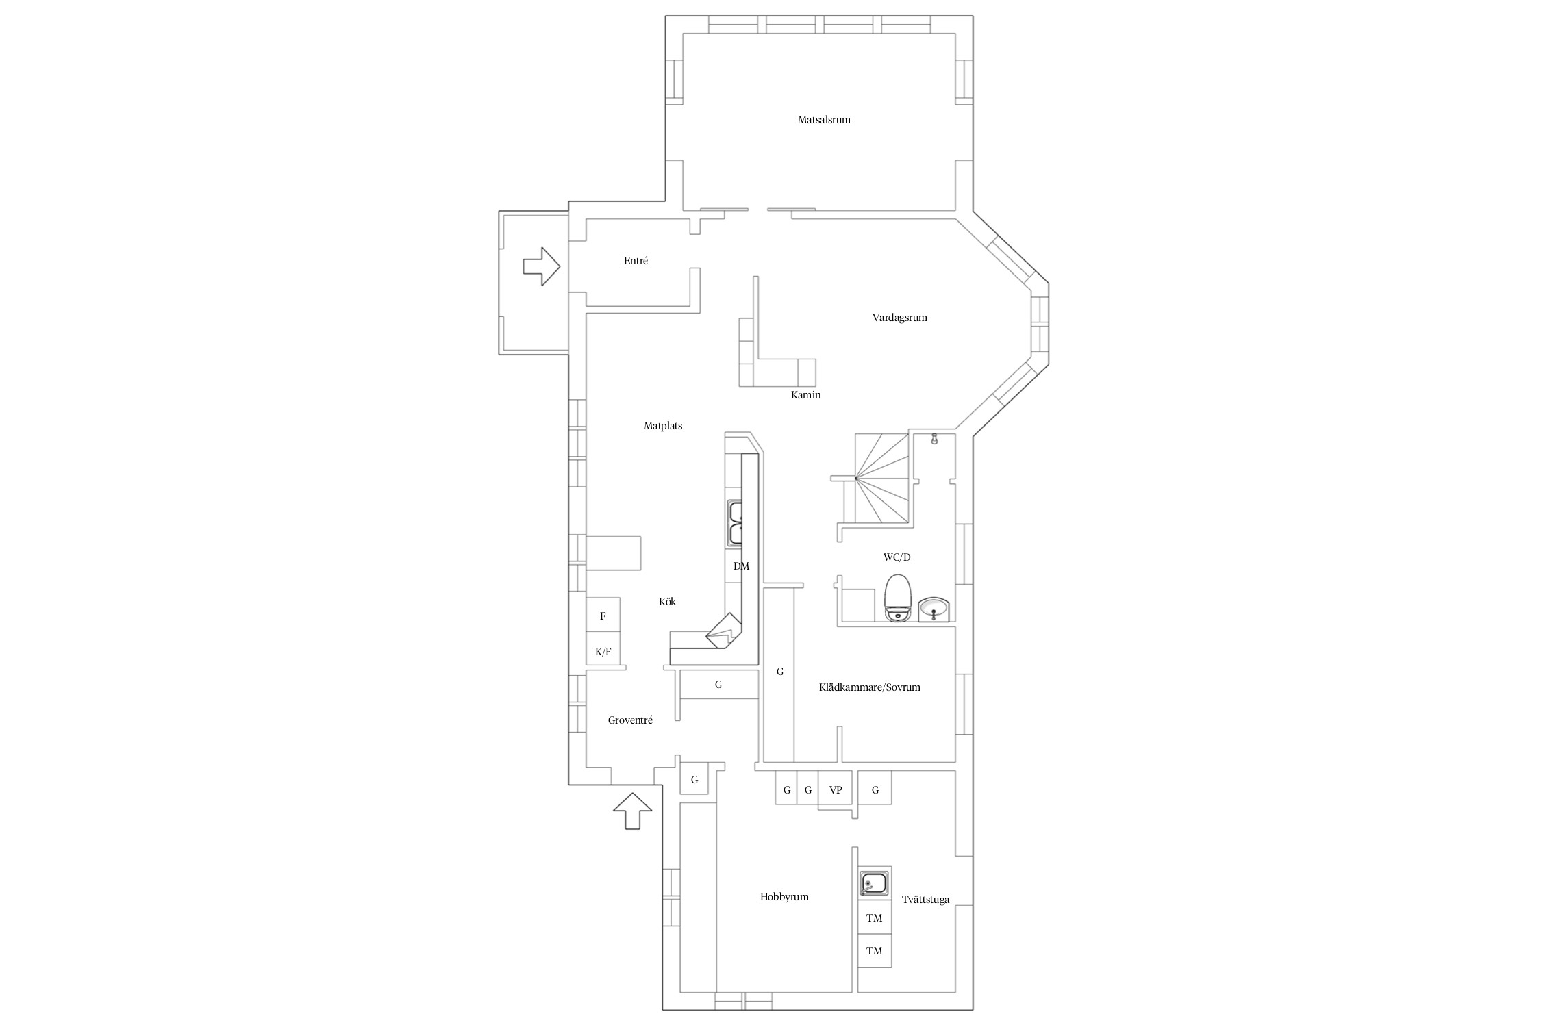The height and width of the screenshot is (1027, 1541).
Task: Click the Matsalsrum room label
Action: pyautogui.click(x=824, y=120)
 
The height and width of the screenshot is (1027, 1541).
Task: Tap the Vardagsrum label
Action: pyautogui.click(x=899, y=318)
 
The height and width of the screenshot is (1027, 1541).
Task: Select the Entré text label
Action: pyautogui.click(x=636, y=261)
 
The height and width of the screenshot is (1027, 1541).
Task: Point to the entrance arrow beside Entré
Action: pyautogui.click(x=542, y=266)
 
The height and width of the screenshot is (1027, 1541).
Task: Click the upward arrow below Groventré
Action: pyautogui.click(x=632, y=811)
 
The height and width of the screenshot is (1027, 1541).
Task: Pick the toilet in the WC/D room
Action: pyautogui.click(x=898, y=598)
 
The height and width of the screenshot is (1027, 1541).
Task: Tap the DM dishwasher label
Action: pyautogui.click(x=741, y=566)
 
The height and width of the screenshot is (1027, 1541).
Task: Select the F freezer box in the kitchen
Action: pyautogui.click(x=603, y=616)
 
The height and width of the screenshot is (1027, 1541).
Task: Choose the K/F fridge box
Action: pyautogui.click(x=603, y=650)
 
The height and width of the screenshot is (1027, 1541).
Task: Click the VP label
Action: pyautogui.click(x=835, y=790)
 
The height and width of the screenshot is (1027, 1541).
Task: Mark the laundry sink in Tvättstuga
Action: pyautogui.click(x=875, y=883)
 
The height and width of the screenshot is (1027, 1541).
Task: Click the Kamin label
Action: pyautogui.click(x=805, y=395)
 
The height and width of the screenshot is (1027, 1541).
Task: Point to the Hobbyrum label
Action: pyautogui.click(x=784, y=897)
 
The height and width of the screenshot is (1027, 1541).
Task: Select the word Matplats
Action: pyautogui.click(x=663, y=426)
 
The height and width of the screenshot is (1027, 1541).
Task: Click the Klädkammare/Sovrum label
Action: pyautogui.click(x=870, y=687)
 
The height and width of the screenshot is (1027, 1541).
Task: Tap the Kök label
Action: pyautogui.click(x=667, y=602)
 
